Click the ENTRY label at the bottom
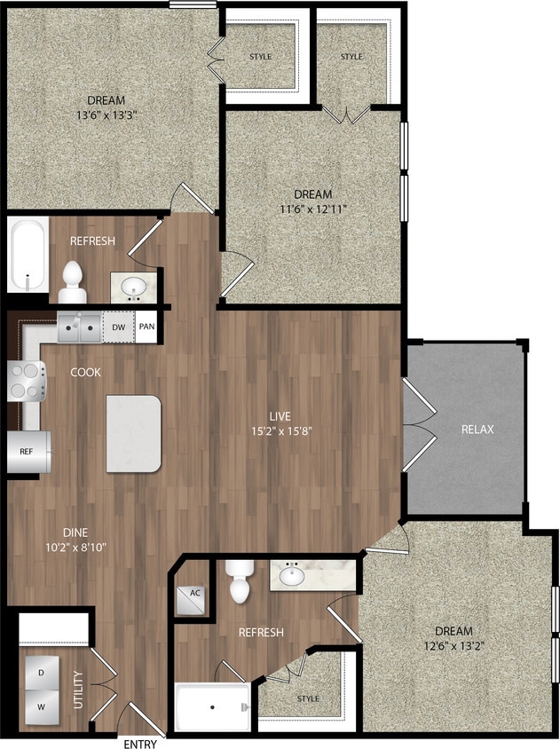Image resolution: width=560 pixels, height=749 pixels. point(140,744)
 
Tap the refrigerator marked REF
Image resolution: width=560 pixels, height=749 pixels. point(28,452)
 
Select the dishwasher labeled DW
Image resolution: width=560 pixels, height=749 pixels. point(119,327)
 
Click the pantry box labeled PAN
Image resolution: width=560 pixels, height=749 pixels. point(146,327)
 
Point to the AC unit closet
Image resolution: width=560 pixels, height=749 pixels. point(192,600)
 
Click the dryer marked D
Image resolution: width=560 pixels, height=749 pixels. point(42,673)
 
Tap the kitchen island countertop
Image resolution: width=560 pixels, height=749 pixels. point(133,434)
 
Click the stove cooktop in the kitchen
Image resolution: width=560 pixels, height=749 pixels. point(27,382)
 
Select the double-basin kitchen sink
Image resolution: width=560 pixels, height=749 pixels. point(79,327)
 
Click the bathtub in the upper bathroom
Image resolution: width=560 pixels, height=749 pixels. point(28,255)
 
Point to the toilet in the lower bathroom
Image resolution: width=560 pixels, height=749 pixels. point(240,582)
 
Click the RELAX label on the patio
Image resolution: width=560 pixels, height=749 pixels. point(477,430)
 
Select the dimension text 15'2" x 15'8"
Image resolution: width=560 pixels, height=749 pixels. point(281,432)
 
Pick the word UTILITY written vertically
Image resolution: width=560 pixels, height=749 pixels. point(79,690)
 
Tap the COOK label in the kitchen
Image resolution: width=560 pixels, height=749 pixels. point(85,372)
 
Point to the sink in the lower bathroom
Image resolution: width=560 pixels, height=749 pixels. point(292,576)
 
